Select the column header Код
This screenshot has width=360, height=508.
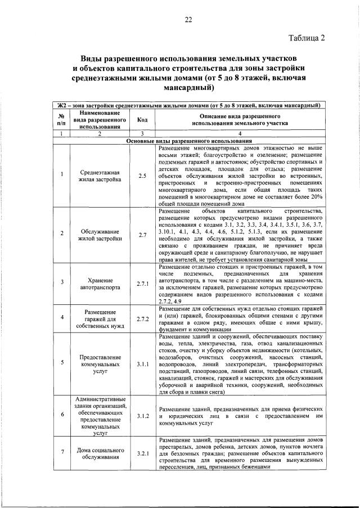tap(142, 120)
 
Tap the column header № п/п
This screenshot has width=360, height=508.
tap(61, 120)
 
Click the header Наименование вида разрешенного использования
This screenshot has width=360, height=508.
tap(100, 120)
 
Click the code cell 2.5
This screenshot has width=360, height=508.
tap(142, 176)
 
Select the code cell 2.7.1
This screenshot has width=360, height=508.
tap(142, 284)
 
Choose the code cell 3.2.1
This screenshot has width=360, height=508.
tap(142, 453)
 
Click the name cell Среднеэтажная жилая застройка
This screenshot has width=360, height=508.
tap(100, 176)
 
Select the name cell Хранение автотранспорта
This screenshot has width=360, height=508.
tap(100, 284)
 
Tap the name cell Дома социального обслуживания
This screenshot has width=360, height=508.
tap(100, 453)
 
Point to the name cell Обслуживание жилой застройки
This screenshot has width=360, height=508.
tap(100, 235)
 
